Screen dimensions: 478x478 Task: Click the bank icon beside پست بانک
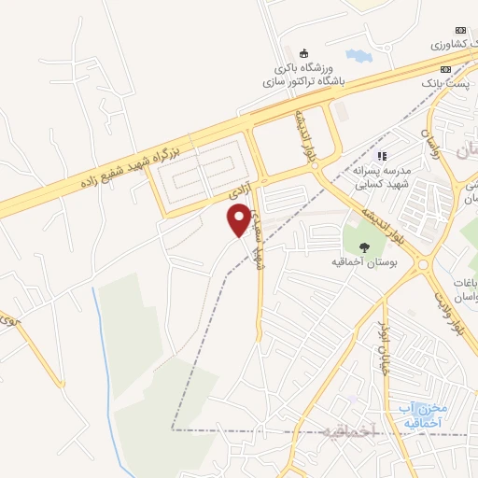click(445, 69)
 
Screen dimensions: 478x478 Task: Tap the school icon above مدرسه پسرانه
click(381, 156)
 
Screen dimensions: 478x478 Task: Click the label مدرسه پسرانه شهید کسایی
click(377, 177)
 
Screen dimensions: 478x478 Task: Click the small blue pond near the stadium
click(358, 58)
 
